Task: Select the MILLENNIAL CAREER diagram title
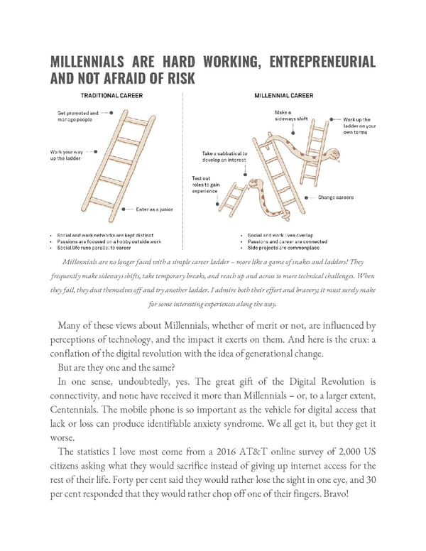[284, 94]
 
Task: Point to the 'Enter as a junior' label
[154, 209]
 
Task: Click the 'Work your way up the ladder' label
[68, 154]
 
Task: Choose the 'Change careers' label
[336, 197]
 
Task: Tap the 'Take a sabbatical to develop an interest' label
[225, 158]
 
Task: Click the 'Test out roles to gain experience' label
[206, 185]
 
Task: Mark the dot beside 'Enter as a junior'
[124, 209]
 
